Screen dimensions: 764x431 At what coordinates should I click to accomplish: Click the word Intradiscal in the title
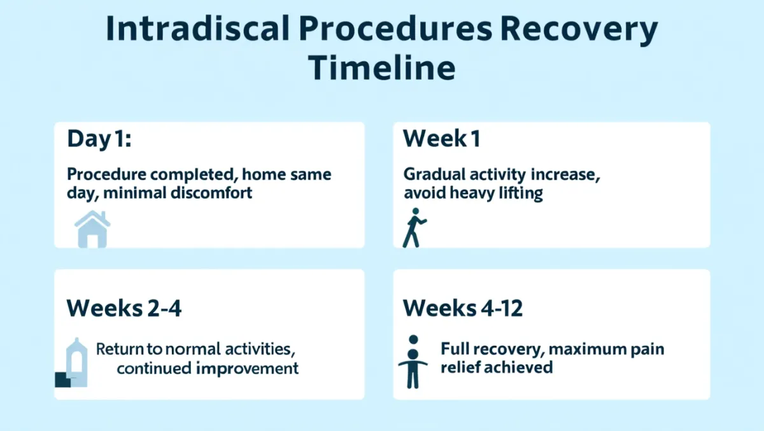coord(198,29)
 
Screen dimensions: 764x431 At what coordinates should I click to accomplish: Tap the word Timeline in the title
coord(381,67)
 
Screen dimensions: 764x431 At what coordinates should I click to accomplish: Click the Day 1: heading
coord(99,139)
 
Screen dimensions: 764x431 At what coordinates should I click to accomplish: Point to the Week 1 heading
coord(442,138)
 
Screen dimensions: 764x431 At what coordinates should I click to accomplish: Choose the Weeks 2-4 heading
coord(124,308)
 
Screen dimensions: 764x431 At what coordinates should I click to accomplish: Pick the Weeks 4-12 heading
coord(462,308)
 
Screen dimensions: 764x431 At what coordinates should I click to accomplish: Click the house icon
coord(92,229)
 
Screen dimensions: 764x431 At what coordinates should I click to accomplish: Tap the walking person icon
coord(414,227)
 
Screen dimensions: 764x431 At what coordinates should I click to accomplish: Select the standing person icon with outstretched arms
coord(413,362)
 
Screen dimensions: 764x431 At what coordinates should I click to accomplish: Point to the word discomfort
coord(211,193)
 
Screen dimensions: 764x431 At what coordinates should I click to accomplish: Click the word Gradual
coord(434,174)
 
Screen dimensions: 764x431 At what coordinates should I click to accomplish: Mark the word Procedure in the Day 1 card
coord(106,175)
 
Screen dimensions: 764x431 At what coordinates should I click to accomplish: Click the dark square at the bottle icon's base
coord(63,379)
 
